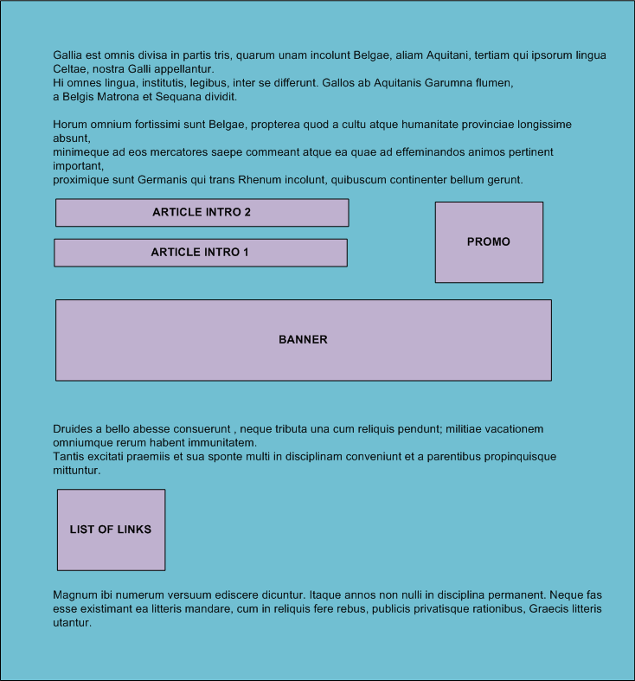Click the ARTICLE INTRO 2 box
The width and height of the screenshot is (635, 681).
pos(202,213)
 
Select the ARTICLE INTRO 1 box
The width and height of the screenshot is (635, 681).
pos(200,253)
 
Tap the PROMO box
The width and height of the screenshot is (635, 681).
pos(489,242)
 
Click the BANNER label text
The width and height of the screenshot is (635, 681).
pos(303,340)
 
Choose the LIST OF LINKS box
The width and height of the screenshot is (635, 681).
pos(111,530)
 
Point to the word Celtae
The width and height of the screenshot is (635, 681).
pos(70,69)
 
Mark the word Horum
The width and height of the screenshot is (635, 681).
pos(70,125)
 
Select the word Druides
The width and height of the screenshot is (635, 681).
pos(74,429)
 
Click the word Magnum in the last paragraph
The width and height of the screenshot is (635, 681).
pos(75,595)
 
